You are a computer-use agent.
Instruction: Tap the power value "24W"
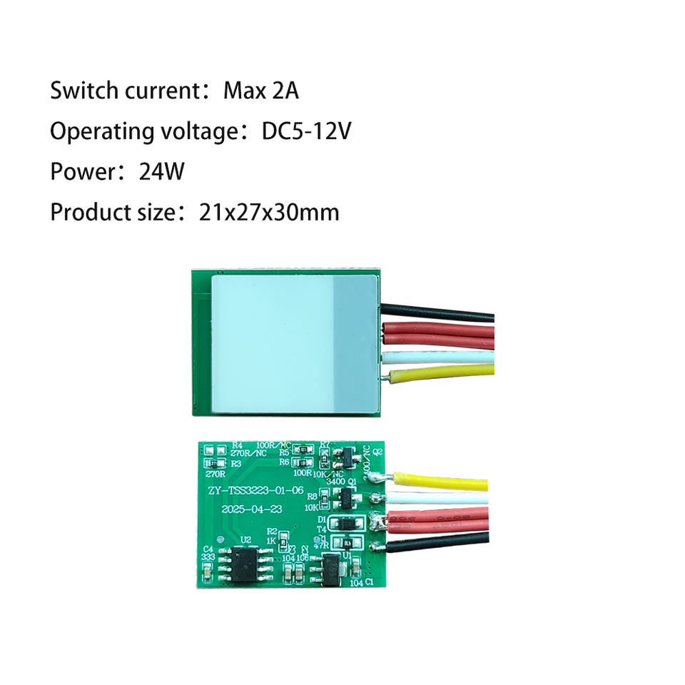(x=162, y=172)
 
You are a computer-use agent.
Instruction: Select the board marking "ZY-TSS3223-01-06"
(x=255, y=490)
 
